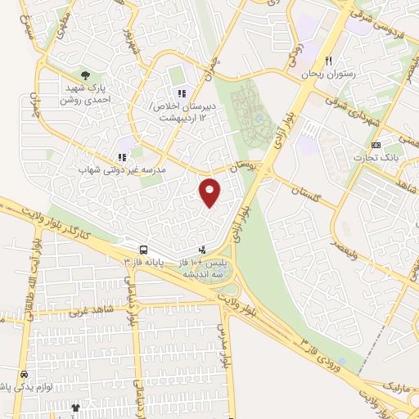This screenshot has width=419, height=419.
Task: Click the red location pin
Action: click(x=210, y=191)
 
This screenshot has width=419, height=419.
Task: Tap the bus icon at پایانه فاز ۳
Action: click(x=143, y=249)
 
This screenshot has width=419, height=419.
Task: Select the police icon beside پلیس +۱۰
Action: click(x=202, y=249)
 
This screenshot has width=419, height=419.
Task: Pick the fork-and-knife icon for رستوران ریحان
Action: click(x=328, y=61)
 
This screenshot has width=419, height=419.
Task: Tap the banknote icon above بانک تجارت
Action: click(x=376, y=144)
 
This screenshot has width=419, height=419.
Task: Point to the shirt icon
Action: click(x=76, y=407)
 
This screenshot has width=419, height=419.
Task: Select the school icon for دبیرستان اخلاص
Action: click(x=181, y=94)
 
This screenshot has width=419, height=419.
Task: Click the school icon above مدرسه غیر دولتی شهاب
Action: click(x=121, y=156)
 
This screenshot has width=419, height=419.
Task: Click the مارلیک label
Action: click(x=399, y=384)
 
